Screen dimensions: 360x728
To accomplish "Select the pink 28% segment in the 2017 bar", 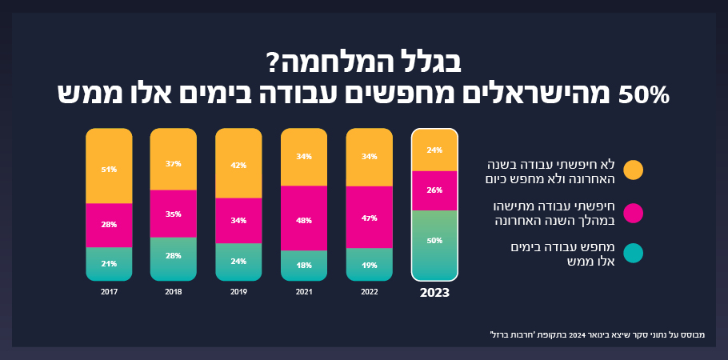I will (x=110, y=225).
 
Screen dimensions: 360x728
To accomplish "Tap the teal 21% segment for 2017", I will (x=110, y=263).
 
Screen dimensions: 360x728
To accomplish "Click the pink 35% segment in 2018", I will (x=174, y=214).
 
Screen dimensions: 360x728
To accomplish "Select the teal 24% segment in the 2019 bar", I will (x=238, y=262).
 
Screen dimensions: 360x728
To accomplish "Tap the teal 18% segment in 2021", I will (x=304, y=265).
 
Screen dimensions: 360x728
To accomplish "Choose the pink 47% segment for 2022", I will (x=370, y=217).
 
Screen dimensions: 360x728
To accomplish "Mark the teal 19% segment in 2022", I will (x=370, y=264).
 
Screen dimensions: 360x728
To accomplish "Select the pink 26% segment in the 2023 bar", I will (x=434, y=190).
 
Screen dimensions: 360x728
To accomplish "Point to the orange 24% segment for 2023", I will (x=434, y=150).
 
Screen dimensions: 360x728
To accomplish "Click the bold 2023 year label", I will (x=434, y=293).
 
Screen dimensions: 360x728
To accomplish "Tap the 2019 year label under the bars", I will (x=238, y=292).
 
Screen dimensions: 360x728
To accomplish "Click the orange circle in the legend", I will (x=633, y=170).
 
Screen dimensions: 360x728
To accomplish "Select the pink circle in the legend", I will (x=633, y=212).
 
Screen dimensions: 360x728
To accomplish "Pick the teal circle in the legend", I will (x=633, y=254).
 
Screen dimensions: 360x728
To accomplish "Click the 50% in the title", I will (x=642, y=94).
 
